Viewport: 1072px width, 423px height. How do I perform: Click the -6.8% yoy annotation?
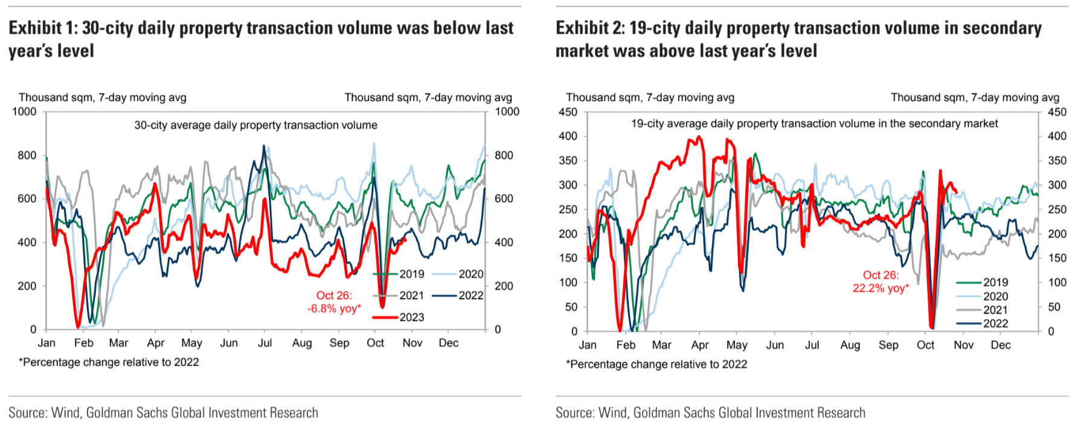(334, 302)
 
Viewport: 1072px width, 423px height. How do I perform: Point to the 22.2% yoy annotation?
(881, 282)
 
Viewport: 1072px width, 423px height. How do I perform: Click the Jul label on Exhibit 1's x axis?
(265, 343)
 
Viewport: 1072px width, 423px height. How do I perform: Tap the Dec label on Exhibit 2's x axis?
(1000, 345)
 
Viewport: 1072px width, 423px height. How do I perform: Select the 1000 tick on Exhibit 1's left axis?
(24, 112)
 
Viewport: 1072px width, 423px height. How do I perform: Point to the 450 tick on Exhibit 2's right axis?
(1057, 112)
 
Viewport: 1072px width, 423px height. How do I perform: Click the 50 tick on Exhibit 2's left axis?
(571, 307)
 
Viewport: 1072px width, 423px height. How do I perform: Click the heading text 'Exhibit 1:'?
(43, 28)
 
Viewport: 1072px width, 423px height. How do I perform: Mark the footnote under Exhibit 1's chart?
(109, 362)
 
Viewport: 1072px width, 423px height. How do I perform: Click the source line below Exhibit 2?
(710, 413)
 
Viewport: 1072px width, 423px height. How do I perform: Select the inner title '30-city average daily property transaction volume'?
(255, 125)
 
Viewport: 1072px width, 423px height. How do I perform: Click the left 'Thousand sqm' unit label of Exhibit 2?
(650, 97)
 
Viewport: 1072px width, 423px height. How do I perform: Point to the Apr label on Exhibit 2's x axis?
(699, 345)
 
